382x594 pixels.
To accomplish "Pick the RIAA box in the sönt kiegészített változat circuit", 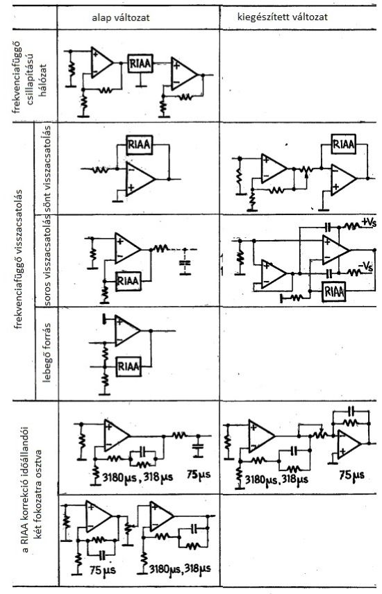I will [x=342, y=144].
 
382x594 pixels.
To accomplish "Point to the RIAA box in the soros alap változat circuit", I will [x=127, y=280].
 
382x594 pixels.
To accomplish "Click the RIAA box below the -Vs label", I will [x=333, y=291].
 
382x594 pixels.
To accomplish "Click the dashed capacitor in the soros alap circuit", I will [x=183, y=262].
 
